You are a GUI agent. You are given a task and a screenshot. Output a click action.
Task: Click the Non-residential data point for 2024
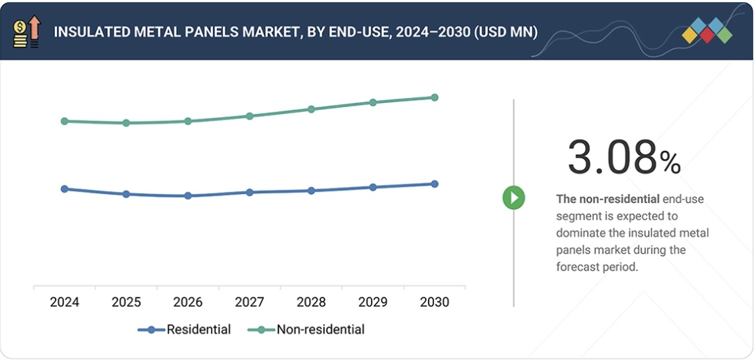click(x=65, y=121)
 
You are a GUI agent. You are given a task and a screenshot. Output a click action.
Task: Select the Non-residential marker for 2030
click(x=435, y=97)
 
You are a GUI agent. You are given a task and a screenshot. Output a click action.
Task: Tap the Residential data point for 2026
click(x=188, y=196)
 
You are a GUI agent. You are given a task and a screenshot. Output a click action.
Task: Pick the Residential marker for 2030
click(x=435, y=184)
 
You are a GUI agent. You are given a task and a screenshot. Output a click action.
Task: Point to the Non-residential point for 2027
click(x=249, y=116)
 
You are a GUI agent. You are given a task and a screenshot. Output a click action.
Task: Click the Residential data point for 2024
click(x=65, y=189)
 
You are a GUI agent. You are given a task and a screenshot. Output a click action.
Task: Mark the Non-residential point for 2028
click(x=311, y=109)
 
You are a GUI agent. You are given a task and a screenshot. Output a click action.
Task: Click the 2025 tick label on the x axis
click(x=126, y=302)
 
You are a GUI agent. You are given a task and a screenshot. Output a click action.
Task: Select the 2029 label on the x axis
click(x=373, y=302)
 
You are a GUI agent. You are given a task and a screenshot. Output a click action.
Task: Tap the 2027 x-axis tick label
click(x=249, y=302)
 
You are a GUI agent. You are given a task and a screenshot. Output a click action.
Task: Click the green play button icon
click(x=514, y=198)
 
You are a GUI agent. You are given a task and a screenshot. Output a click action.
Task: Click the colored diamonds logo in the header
click(x=707, y=31)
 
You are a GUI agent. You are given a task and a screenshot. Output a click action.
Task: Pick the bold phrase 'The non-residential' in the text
click(x=608, y=199)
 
